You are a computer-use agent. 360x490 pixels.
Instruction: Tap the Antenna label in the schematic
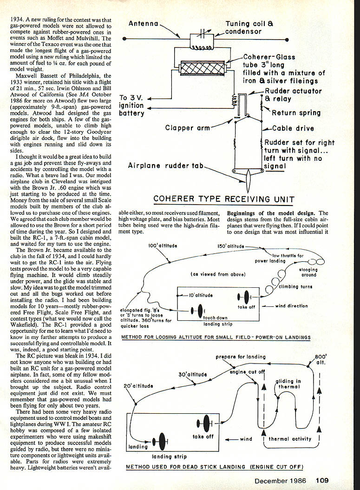(x=144, y=23)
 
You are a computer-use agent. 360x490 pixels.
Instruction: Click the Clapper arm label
(x=188, y=128)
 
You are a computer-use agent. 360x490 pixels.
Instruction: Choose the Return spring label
(x=296, y=113)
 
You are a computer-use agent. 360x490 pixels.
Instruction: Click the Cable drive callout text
(x=293, y=129)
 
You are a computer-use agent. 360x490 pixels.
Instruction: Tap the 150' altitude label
(x=230, y=246)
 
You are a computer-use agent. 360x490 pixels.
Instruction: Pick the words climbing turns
(x=295, y=287)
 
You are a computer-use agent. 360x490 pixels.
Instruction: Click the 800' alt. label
(x=321, y=359)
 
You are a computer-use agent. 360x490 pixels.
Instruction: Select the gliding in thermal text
(x=288, y=384)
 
